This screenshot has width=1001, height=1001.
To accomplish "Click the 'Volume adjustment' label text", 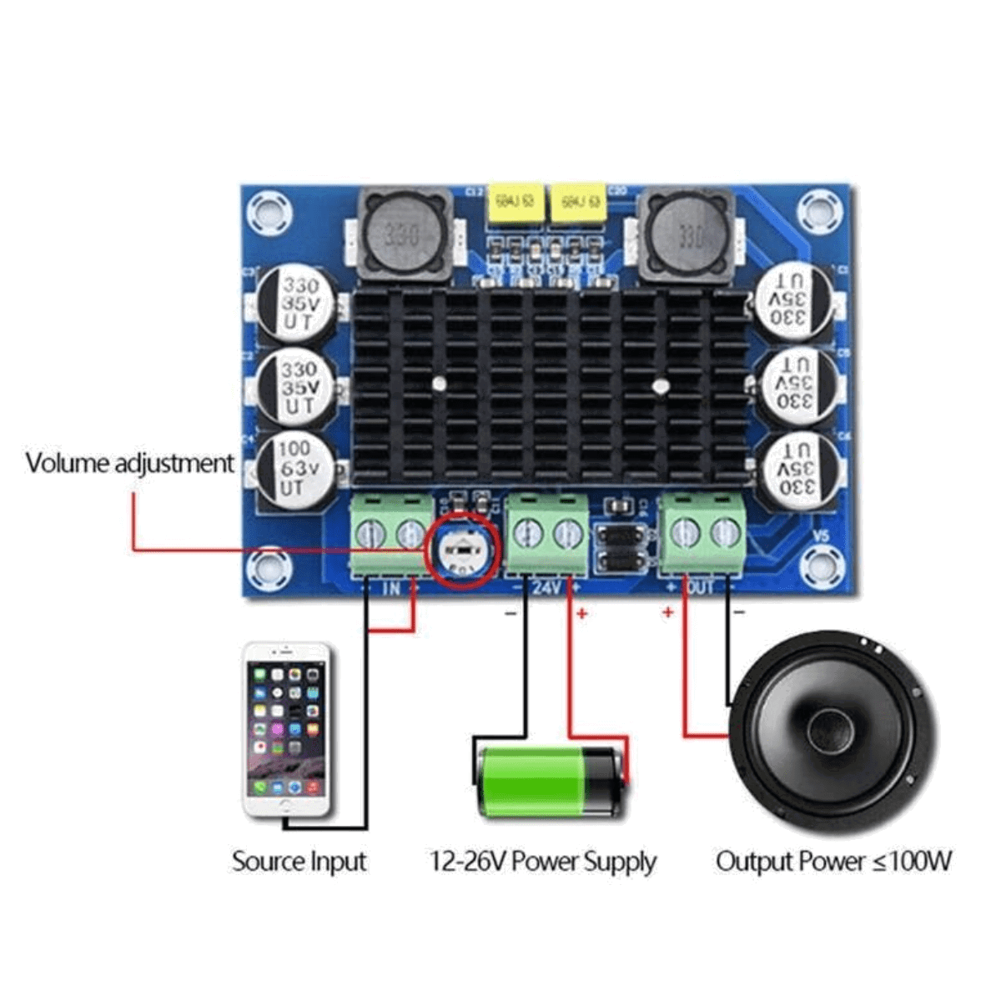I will pyautogui.click(x=129, y=463).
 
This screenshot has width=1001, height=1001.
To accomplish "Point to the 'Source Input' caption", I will pyautogui.click(x=299, y=861).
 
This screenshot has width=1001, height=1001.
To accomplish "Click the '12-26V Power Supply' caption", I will pyautogui.click(x=543, y=861).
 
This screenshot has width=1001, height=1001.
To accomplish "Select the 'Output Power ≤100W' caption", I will pyautogui.click(x=833, y=861).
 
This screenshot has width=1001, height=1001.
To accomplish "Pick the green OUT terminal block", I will pyautogui.click(x=702, y=534).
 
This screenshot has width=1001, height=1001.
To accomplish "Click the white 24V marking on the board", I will pyautogui.click(x=546, y=587).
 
